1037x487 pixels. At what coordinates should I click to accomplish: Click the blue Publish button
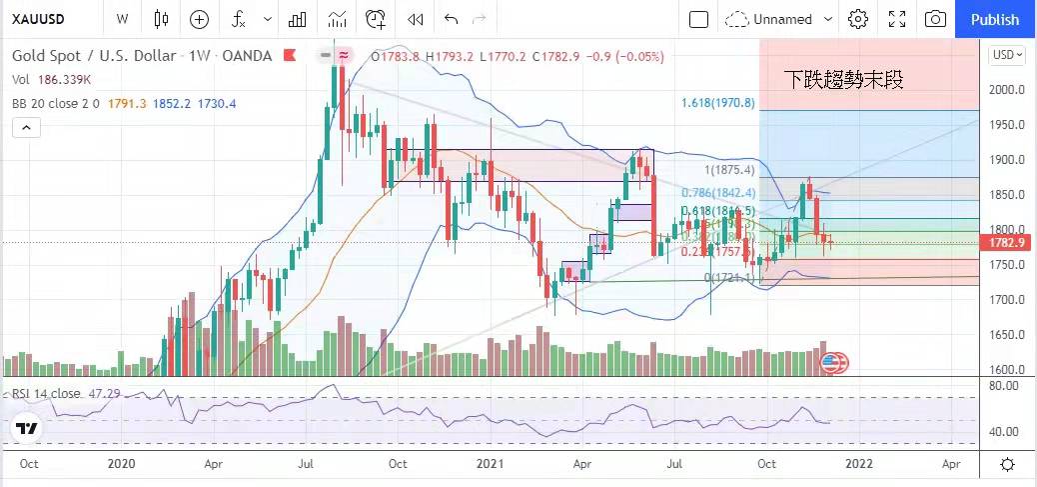coord(995,19)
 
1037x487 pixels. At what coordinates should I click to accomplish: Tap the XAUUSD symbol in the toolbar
coord(39,19)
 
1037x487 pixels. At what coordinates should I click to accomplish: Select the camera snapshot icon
coord(935,19)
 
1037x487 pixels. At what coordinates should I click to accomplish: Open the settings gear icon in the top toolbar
coord(857,19)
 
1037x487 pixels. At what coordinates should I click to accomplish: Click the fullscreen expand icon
coord(896,19)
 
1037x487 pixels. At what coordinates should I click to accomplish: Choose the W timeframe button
coord(122,19)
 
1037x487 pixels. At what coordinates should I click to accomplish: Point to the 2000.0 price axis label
coord(1008,90)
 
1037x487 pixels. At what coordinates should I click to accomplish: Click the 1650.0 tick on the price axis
coord(1008,335)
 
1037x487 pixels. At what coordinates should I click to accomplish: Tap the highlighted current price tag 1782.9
coord(1008,243)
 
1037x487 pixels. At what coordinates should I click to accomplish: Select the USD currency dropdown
coord(1007,56)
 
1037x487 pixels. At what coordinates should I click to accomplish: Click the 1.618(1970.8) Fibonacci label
coord(717,102)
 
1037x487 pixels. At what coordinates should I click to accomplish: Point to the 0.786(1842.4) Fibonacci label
coord(717,192)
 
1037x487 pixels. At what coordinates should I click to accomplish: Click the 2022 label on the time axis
coord(859,464)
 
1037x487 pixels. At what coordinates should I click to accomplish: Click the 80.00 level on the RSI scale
coord(1004,384)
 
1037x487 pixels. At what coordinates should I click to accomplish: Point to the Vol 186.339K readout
coord(52,79)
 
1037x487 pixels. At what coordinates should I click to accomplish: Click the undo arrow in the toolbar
coord(451,19)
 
